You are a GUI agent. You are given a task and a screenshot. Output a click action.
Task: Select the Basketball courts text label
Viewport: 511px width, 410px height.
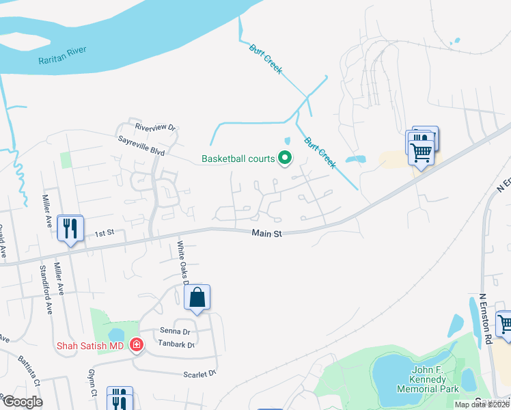pos(238,159)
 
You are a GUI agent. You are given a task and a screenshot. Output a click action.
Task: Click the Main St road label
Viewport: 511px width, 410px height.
pos(266,234)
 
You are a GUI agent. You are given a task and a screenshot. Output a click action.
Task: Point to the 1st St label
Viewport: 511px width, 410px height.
pos(103,233)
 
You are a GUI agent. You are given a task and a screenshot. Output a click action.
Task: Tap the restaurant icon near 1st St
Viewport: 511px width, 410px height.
pos(71,228)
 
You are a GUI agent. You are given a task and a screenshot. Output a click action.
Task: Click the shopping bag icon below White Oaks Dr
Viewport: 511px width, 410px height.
pos(197,298)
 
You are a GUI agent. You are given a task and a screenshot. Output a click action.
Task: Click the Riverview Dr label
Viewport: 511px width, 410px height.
pos(155,128)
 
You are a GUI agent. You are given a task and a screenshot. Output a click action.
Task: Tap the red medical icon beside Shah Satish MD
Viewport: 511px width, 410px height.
pos(137,345)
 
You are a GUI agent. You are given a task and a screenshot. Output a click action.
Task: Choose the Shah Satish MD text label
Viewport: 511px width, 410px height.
pos(91,346)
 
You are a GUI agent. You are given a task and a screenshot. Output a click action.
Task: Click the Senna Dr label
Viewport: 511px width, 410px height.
pos(174,331)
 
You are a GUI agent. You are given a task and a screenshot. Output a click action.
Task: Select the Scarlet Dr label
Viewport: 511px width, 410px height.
pos(199,373)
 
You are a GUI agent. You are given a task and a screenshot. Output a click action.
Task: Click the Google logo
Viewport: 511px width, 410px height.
pos(22,402)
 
